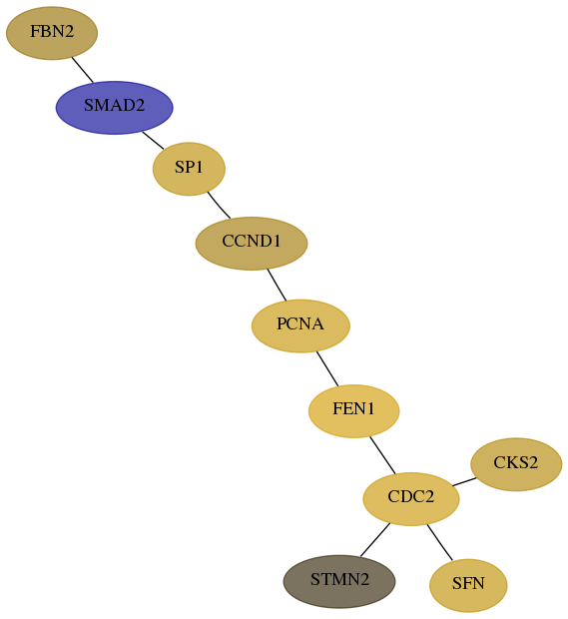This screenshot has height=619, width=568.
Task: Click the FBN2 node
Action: click(52, 33)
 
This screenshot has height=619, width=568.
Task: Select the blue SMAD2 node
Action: click(115, 108)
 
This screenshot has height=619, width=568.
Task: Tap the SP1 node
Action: click(189, 169)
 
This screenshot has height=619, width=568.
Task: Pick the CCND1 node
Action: click(252, 244)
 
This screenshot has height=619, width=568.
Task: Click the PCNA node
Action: click(300, 325)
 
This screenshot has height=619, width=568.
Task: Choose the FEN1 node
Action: click(354, 411)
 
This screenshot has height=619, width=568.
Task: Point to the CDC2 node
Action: click(411, 499)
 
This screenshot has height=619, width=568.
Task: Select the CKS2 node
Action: click(516, 464)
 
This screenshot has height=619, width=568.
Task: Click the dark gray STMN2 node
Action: click(339, 581)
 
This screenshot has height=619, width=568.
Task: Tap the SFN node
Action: click(468, 585)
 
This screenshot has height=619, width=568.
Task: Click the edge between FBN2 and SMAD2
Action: click(83, 70)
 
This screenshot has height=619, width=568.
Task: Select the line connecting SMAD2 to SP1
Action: click(153, 140)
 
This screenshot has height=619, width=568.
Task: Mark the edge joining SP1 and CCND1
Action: click(219, 205)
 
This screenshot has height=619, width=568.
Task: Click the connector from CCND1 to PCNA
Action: click(277, 285)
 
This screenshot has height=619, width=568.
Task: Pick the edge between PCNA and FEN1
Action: click(327, 368)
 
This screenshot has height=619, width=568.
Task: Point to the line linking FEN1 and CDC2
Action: click(382, 455)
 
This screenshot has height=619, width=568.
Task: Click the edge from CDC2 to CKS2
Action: click(464, 481)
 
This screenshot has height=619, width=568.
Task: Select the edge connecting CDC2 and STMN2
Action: click(375, 540)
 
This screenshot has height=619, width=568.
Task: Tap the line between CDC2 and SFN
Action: click(439, 542)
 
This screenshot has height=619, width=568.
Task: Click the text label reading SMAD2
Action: click(115, 106)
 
